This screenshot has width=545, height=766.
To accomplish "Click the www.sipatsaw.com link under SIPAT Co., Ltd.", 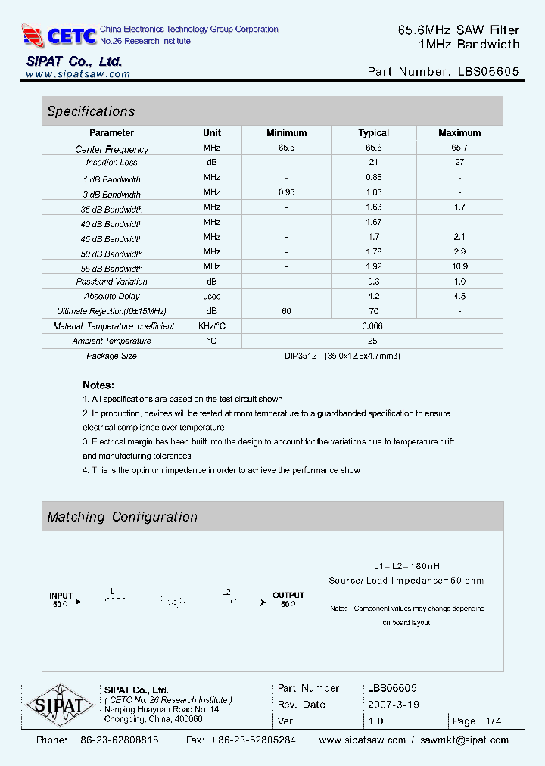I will click(78, 74).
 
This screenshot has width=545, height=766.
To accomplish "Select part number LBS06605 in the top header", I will click(488, 72).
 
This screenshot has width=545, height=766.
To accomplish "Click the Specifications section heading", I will click(91, 111).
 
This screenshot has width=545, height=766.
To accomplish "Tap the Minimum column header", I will click(286, 133).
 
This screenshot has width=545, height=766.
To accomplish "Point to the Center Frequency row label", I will click(112, 149).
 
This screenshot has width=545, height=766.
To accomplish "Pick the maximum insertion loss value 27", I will click(459, 162).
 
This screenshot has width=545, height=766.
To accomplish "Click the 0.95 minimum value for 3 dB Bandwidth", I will click(286, 193).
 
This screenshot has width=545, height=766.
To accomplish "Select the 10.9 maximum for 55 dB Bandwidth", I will click(459, 266).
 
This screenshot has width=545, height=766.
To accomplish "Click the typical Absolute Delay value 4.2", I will click(373, 296).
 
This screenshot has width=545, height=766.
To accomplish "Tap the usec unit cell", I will click(212, 296).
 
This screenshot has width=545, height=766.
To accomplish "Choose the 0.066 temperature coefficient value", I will click(373, 325).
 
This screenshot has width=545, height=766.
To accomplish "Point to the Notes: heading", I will click(98, 385).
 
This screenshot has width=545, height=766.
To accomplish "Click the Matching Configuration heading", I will click(122, 517).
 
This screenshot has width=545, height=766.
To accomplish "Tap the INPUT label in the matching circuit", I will click(61, 595).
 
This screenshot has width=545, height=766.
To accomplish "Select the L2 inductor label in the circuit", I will click(226, 592).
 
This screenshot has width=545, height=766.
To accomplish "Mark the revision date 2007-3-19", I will click(394, 705).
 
